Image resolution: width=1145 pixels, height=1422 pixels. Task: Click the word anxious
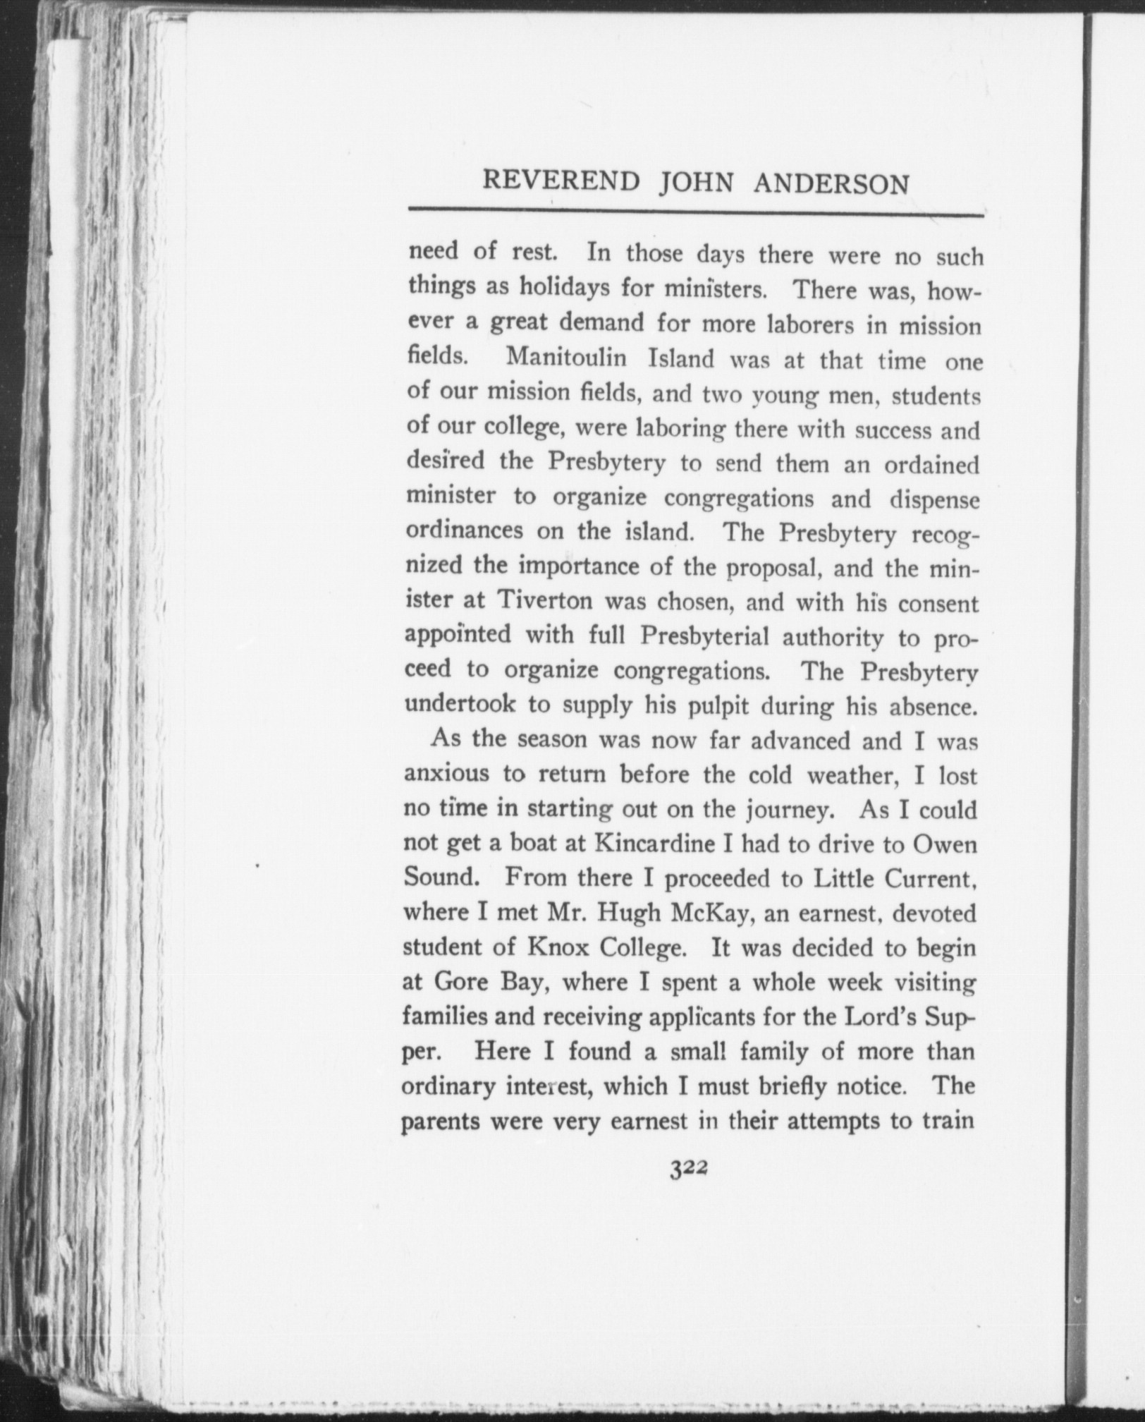[x=446, y=775]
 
